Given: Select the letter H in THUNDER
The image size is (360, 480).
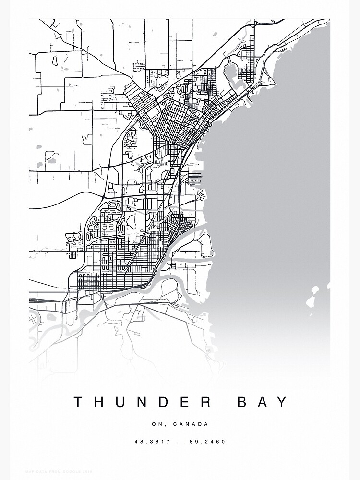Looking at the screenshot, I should (x=99, y=402).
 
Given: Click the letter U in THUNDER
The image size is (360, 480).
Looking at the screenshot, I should (x=121, y=402).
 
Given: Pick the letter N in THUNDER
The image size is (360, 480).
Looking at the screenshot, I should (x=144, y=402).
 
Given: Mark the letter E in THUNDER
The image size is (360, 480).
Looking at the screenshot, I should (x=187, y=402).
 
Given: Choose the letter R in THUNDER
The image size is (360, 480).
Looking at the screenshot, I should (x=207, y=402).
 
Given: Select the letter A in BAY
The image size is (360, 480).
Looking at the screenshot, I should (x=263, y=402).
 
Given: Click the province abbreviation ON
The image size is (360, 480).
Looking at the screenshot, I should (x=156, y=424).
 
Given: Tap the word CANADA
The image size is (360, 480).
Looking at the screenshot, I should (x=191, y=424).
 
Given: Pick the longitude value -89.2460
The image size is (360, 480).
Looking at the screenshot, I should (x=208, y=442).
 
